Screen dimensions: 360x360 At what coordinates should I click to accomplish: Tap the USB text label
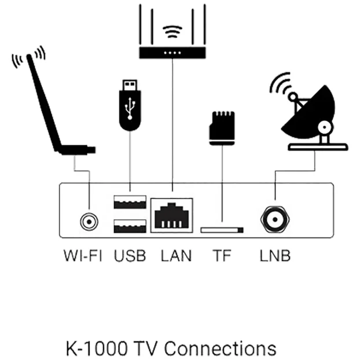130,255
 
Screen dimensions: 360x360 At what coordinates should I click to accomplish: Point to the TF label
222,255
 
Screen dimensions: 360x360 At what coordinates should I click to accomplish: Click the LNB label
275,255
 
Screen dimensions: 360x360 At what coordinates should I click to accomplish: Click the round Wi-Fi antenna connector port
89,221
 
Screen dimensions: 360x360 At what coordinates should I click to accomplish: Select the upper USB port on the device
130,203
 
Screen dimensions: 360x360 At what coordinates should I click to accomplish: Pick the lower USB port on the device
130,225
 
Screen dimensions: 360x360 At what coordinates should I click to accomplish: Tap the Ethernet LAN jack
172,215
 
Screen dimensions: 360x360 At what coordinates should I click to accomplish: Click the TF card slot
222,230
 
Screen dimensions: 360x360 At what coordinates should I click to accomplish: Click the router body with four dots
172,53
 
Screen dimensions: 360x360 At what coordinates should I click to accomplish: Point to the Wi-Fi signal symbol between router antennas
172,32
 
